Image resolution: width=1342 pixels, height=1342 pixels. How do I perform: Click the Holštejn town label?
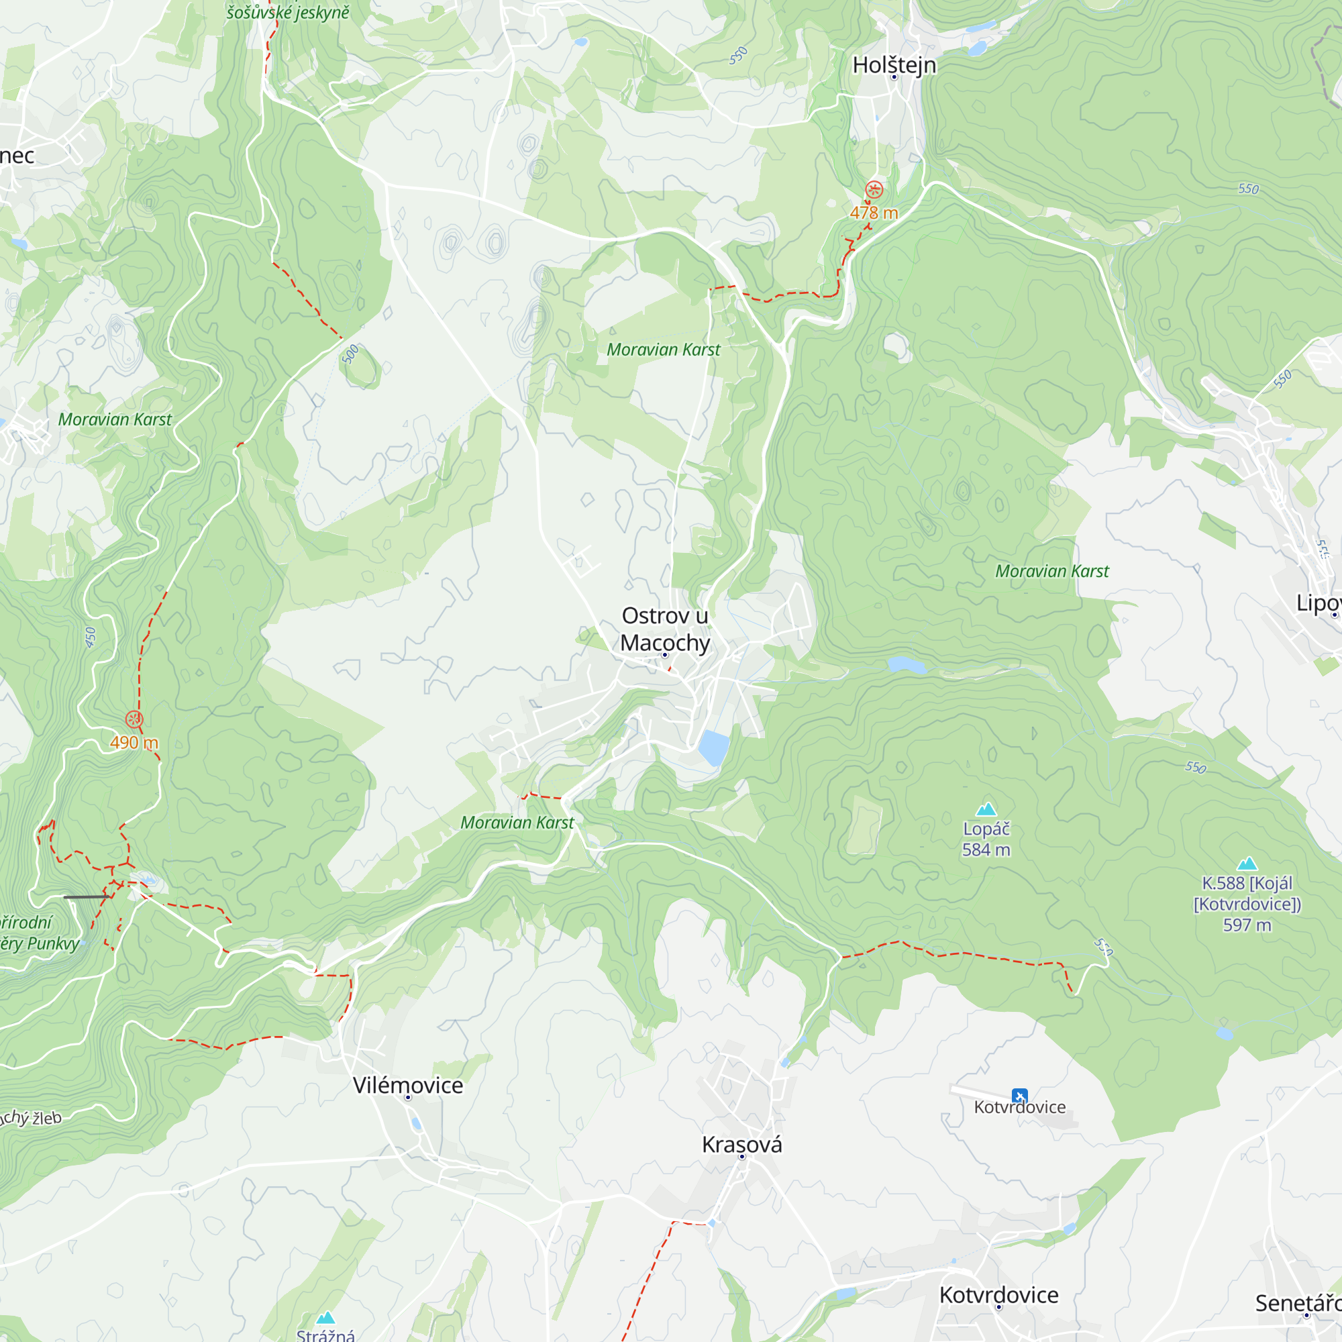pyautogui.click(x=894, y=64)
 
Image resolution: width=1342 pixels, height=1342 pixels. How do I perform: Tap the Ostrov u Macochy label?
pyautogui.click(x=665, y=629)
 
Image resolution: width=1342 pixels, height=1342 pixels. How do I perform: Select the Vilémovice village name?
pyautogui.click(x=408, y=1085)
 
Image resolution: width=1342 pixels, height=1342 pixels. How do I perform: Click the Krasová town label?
pyautogui.click(x=742, y=1144)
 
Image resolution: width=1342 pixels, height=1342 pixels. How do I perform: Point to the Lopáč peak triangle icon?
pyautogui.click(x=986, y=809)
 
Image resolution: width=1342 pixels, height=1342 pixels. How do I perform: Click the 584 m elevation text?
pyautogui.click(x=986, y=849)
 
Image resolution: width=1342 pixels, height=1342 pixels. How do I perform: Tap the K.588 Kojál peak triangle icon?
pyautogui.click(x=1247, y=864)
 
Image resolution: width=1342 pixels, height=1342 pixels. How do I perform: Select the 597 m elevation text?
pyautogui.click(x=1247, y=925)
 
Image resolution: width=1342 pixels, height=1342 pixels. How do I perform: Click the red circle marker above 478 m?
pyautogui.click(x=874, y=189)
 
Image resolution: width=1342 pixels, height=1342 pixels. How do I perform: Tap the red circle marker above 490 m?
pyautogui.click(x=134, y=719)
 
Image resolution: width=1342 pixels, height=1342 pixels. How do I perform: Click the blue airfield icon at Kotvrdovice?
pyautogui.click(x=1019, y=1096)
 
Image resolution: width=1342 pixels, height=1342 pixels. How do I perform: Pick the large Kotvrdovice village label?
pyautogui.click(x=999, y=1295)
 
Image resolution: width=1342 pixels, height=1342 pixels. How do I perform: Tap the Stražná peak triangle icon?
pyautogui.click(x=326, y=1318)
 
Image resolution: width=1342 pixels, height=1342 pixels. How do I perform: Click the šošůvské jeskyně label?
pyautogui.click(x=288, y=12)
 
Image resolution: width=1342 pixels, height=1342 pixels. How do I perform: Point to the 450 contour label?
pyautogui.click(x=91, y=637)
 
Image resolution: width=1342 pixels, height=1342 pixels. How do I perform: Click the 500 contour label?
pyautogui.click(x=351, y=354)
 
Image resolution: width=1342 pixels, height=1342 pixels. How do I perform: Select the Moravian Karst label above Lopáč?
pyautogui.click(x=1051, y=571)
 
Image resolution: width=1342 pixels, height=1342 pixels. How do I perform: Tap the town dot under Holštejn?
pyautogui.click(x=894, y=77)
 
